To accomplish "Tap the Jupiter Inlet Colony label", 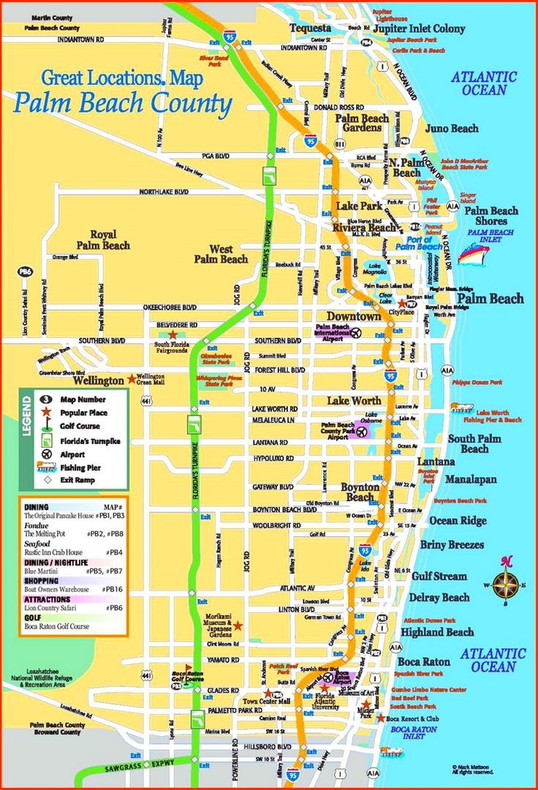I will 418,29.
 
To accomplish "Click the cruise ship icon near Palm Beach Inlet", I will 473,253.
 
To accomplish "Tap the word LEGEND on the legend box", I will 27,415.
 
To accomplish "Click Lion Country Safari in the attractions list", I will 57,608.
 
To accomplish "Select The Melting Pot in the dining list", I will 45,534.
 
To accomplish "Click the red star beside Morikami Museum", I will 238,626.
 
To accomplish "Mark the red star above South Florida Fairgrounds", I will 172,334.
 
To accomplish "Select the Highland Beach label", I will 437,632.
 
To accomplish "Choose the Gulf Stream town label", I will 439,576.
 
